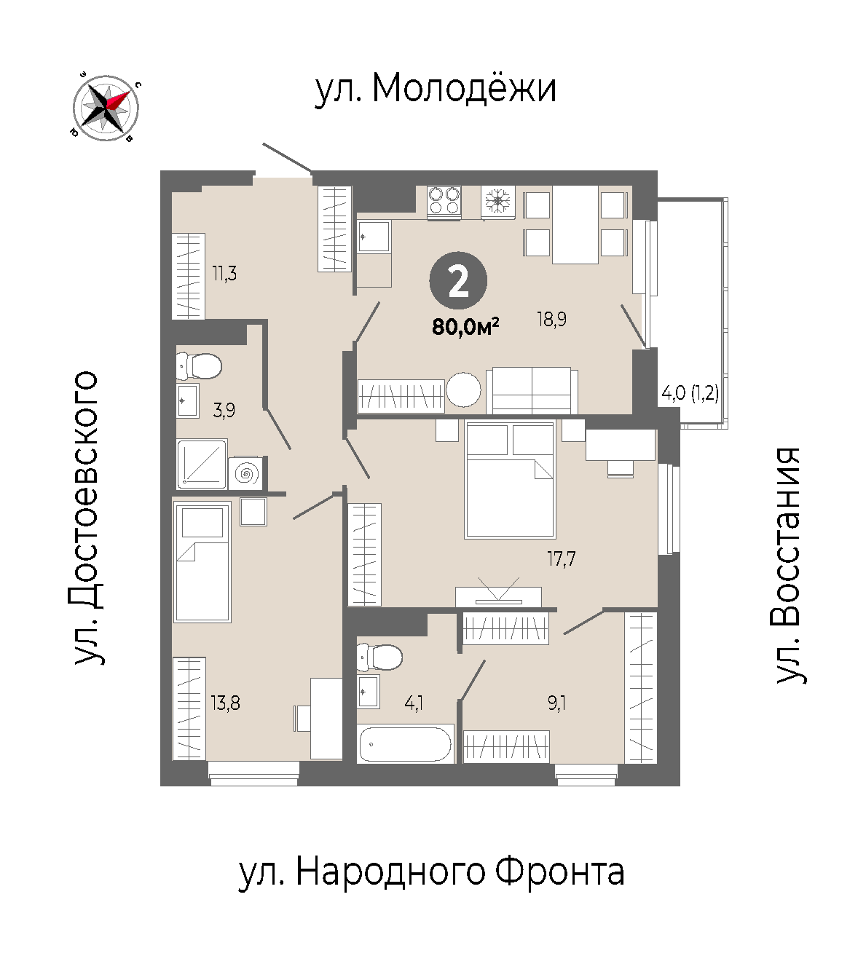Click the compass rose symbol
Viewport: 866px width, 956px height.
pyautogui.click(x=106, y=108)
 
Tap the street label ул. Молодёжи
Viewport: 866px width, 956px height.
pyautogui.click(x=436, y=90)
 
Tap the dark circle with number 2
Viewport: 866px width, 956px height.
pyautogui.click(x=458, y=281)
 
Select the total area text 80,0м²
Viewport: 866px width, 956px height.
pyautogui.click(x=465, y=328)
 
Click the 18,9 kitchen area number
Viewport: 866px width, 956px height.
pyautogui.click(x=552, y=320)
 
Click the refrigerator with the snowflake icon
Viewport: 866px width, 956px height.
pyautogui.click(x=498, y=202)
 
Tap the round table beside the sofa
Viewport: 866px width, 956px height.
pyautogui.click(x=463, y=390)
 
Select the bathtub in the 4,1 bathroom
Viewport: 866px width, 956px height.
pyautogui.click(x=405, y=745)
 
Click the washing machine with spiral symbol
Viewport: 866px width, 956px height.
pyautogui.click(x=245, y=474)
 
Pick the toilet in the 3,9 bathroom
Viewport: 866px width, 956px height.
pyautogui.click(x=200, y=366)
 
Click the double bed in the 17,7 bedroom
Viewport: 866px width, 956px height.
pyautogui.click(x=511, y=480)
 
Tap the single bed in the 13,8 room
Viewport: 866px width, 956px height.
pyautogui.click(x=202, y=562)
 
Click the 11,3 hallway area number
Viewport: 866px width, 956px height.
pyautogui.click(x=224, y=274)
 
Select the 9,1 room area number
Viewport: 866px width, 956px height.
pyautogui.click(x=556, y=703)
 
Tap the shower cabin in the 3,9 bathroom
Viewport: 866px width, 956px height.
pyautogui.click(x=202, y=465)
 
